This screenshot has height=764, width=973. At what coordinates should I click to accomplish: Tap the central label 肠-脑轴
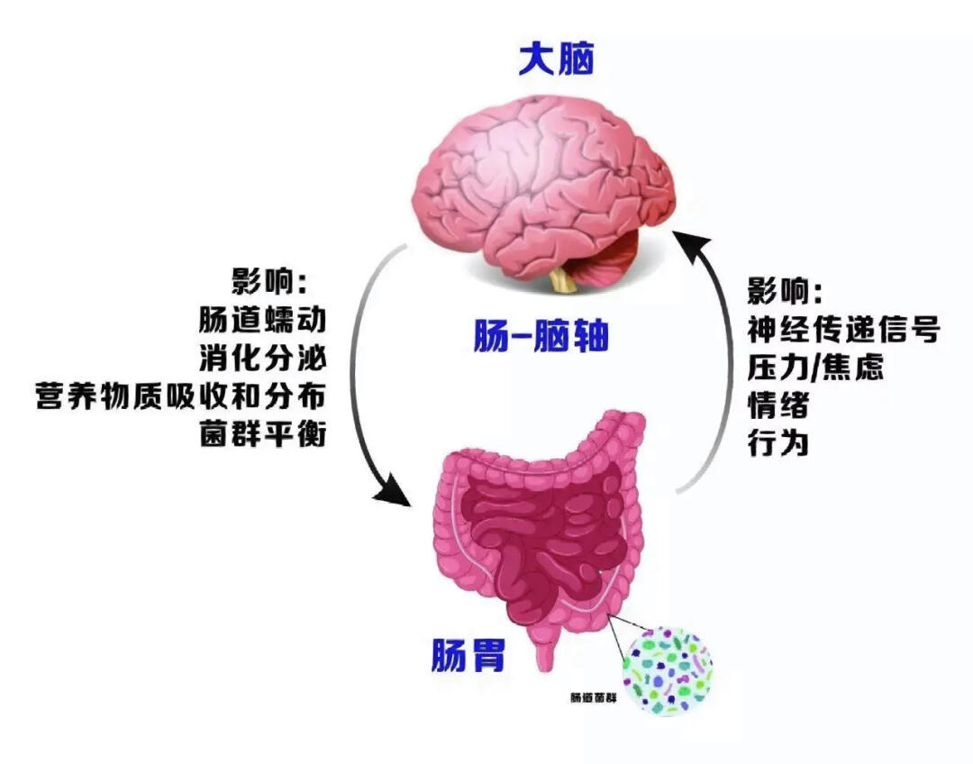(x=541, y=338)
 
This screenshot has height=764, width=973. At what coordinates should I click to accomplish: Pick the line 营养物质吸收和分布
(x=179, y=396)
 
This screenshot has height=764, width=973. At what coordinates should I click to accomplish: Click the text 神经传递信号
(x=843, y=330)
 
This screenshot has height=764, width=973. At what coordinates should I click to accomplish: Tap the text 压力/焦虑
(x=814, y=368)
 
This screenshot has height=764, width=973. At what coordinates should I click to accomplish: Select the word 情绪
(x=777, y=405)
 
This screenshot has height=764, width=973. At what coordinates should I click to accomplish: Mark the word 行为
(x=777, y=443)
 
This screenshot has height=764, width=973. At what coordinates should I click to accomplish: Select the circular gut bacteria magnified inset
(x=668, y=672)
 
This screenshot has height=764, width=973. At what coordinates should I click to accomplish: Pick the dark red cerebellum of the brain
(x=614, y=258)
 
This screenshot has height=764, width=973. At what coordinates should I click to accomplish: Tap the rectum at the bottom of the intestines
(x=546, y=652)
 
